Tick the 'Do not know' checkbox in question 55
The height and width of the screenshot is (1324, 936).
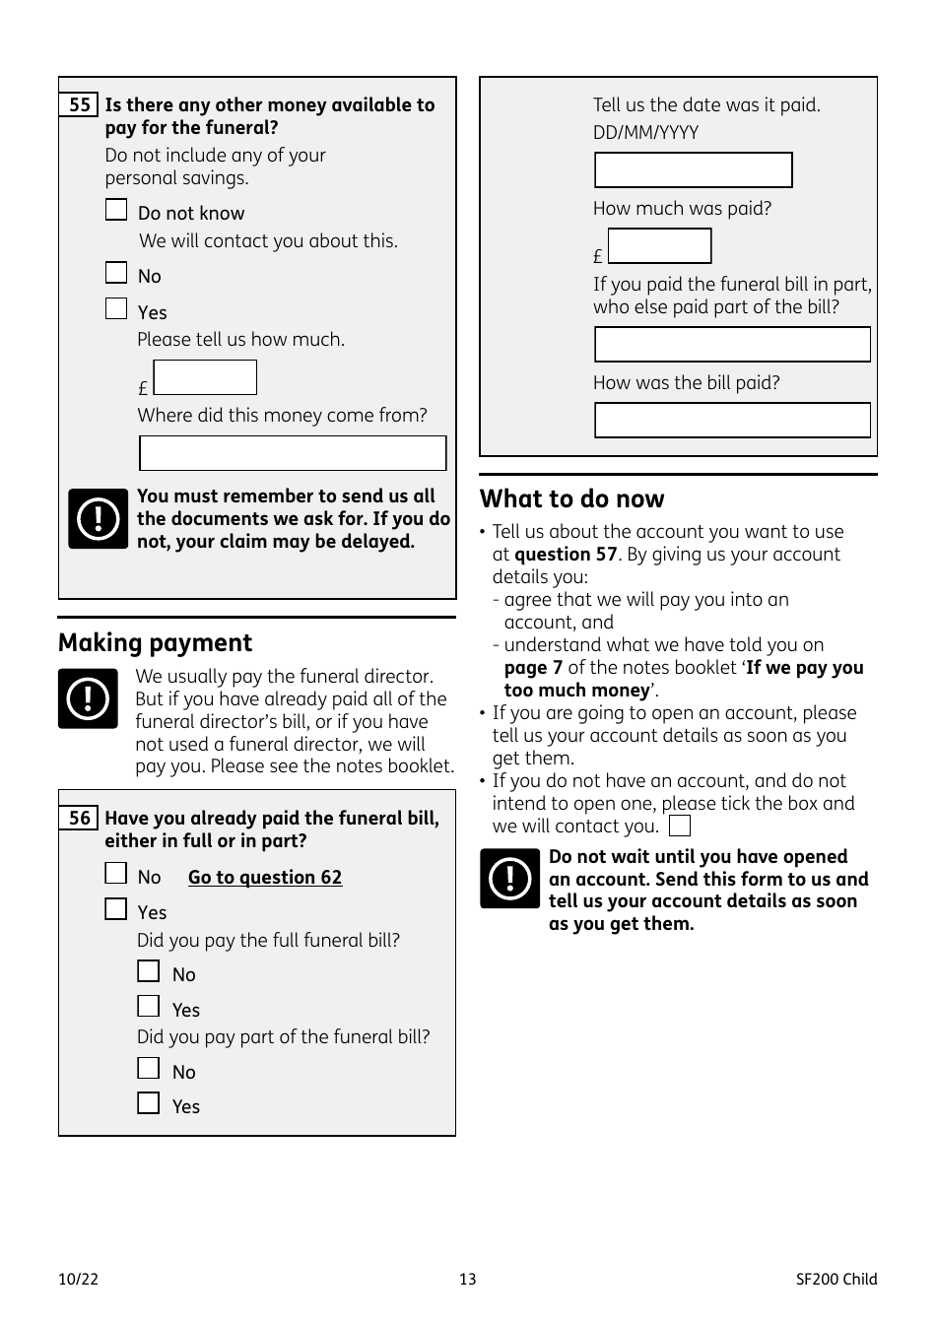116,210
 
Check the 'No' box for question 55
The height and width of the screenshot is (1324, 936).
116,273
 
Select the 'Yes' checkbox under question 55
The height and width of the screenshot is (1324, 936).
116,309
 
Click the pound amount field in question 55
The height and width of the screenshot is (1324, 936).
205,377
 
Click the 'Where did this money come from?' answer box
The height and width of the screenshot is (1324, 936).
293,453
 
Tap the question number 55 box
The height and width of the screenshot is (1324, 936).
79,104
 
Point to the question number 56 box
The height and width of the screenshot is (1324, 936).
79,818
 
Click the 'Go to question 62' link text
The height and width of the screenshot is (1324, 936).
265,877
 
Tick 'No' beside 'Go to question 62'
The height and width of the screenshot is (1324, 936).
116,874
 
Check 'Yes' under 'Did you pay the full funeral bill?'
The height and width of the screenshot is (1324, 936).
149,1006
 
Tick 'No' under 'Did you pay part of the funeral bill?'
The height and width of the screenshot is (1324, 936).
149,1068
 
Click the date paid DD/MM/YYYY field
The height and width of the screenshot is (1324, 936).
693,169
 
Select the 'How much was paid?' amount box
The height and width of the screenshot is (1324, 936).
659,246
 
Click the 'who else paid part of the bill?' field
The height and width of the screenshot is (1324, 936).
732,345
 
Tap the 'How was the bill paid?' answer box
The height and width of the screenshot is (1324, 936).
732,420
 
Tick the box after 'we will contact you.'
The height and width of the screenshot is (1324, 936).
680,826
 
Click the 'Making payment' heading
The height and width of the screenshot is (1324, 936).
156,643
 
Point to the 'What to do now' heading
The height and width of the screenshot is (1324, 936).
572,498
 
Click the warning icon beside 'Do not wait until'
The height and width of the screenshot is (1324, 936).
510,879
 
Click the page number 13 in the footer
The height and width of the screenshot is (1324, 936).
468,1279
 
